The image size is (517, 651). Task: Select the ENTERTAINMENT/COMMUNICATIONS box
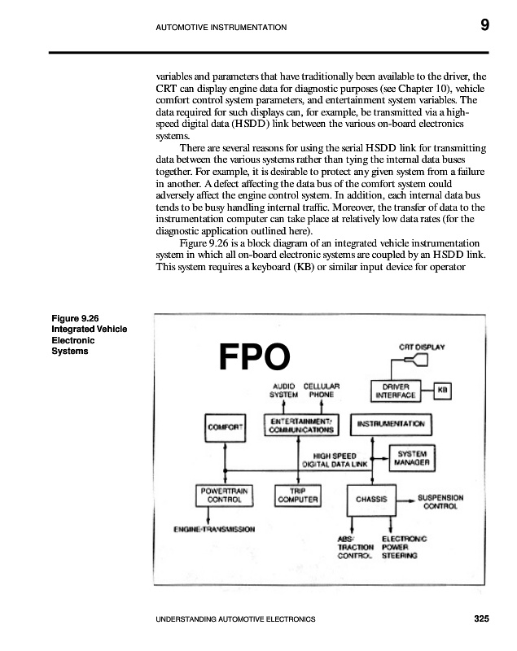point(300,424)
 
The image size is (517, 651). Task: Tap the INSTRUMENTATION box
point(390,424)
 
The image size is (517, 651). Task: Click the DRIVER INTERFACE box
point(396,391)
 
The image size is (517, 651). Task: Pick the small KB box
point(443,391)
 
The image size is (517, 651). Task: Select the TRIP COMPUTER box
point(297,496)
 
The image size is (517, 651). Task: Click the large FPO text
point(254,356)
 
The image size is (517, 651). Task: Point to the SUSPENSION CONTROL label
point(440,501)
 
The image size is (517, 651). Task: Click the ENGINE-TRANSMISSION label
point(214,529)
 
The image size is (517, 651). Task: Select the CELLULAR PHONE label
point(322,390)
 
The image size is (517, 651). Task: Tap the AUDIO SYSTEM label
point(284,390)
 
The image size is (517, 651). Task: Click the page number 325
point(480,619)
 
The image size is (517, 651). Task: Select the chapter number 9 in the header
point(484,25)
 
